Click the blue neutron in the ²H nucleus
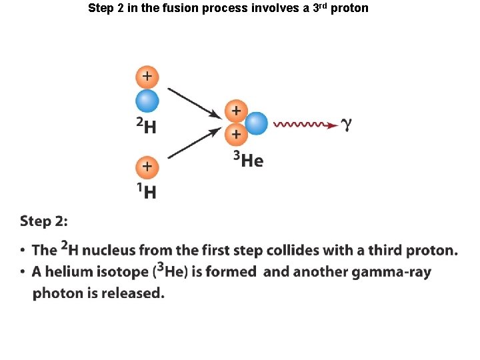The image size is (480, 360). tap(147, 101)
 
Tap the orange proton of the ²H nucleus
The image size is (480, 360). tap(147, 77)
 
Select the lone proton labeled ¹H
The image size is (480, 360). tap(147, 167)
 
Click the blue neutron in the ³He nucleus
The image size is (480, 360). tap(256, 123)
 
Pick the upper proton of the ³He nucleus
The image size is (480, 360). tap(235, 111)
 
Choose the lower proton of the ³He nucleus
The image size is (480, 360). tap(235, 135)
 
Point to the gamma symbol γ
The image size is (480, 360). tap(346, 125)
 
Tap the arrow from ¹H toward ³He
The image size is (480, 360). tap(194, 143)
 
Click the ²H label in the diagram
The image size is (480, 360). tap(147, 125)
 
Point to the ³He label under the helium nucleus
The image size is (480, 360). tap(248, 160)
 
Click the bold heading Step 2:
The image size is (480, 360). tap(43, 221)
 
